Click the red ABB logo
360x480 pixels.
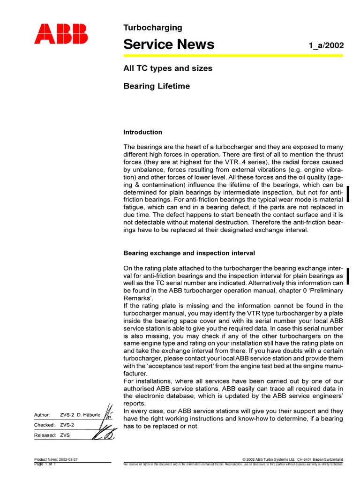point(60,34)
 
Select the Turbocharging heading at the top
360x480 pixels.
point(152,28)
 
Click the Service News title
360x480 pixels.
point(169,44)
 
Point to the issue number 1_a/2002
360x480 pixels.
point(326,45)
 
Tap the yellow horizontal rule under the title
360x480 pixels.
point(233,56)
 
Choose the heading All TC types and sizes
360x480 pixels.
point(167,68)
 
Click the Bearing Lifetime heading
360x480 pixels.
point(157,86)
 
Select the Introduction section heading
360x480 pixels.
point(142,132)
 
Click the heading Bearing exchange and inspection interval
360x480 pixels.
point(189,253)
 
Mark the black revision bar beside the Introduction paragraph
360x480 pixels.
point(349,194)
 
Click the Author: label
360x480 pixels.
point(42,415)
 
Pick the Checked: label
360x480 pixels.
point(44,425)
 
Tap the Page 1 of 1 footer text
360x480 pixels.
point(45,464)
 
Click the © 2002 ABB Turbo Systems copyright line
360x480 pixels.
point(292,459)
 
